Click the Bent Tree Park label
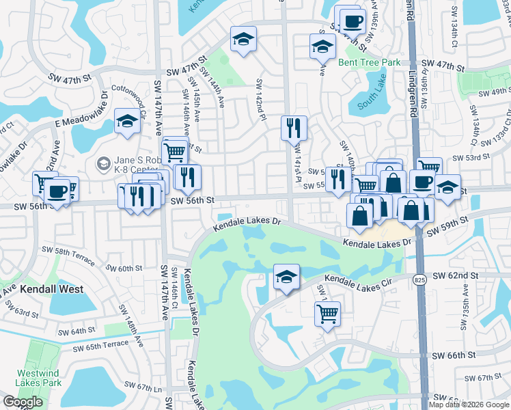(x=369, y=62)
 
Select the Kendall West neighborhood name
(x=51, y=289)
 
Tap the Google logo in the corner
(x=23, y=401)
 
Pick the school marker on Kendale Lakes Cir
(x=286, y=277)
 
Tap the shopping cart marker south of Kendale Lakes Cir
(x=327, y=314)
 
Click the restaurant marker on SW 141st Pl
(x=294, y=127)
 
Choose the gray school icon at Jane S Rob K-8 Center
(x=102, y=163)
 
